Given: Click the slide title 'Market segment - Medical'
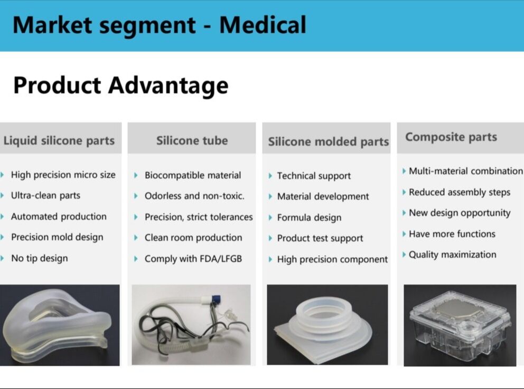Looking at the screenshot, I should point(159,25).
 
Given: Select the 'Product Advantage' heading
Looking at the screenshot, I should point(120,85).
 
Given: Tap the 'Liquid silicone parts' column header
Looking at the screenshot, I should point(59,141).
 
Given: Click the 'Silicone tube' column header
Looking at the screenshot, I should point(192,141).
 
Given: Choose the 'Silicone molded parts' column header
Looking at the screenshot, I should point(328,142).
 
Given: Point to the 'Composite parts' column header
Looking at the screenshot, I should point(451,137).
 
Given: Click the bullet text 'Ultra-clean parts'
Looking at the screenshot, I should point(45,195).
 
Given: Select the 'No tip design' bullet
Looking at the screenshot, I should point(39,258).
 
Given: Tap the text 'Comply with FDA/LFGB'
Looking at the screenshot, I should point(193,259).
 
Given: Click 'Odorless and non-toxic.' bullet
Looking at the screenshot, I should point(194,196).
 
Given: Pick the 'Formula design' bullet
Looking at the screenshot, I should point(309,218).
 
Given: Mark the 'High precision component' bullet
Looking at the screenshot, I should point(332,259).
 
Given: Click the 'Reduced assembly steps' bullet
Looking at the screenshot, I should point(460,192).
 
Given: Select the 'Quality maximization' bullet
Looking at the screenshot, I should point(452,255).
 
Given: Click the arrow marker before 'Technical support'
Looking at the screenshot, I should point(270,176).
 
